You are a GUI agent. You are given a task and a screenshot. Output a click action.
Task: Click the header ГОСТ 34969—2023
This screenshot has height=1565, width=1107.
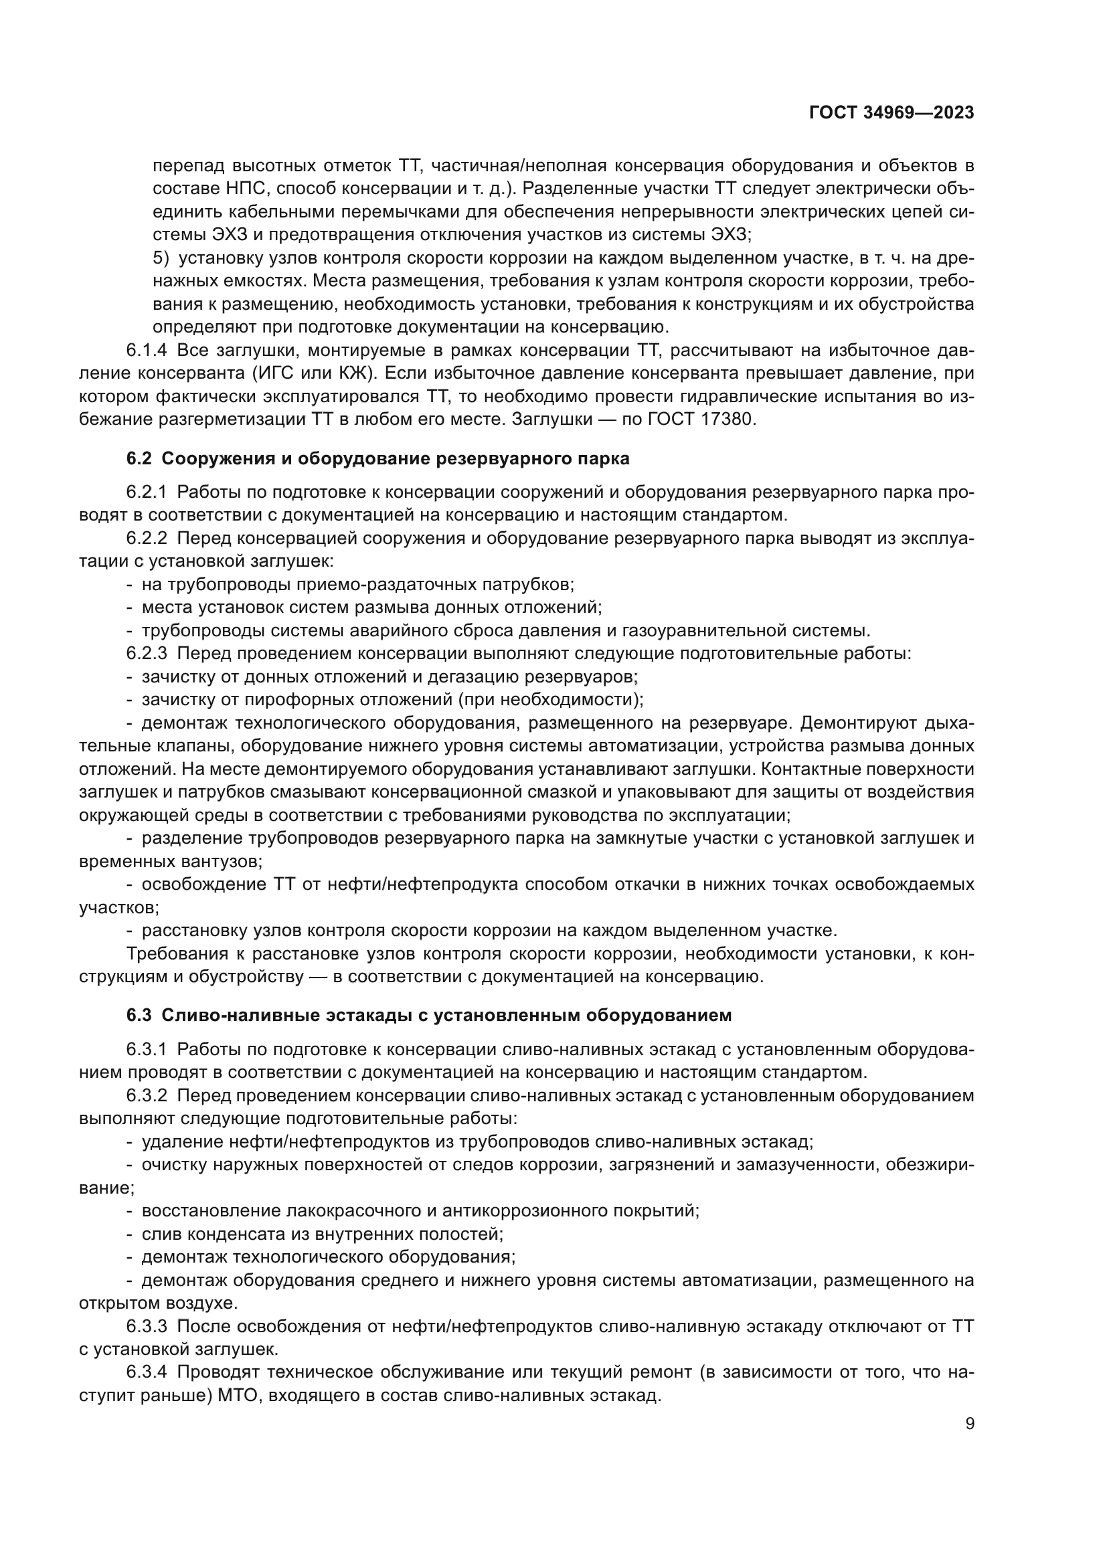click(891, 113)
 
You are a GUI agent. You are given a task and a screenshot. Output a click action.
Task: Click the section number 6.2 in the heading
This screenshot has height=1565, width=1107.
click(139, 459)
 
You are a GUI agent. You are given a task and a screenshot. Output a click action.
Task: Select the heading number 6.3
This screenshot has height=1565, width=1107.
click(139, 1015)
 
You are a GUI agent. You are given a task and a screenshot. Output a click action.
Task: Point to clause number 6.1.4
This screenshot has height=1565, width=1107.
click(146, 351)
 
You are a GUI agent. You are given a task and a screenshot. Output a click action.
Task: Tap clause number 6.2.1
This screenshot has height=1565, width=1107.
click(146, 492)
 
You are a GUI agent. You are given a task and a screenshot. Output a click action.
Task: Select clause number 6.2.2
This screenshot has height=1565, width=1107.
click(146, 539)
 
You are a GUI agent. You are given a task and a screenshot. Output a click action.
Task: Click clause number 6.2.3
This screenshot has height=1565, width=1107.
click(146, 653)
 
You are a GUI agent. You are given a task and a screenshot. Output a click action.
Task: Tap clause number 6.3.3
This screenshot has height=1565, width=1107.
click(146, 1326)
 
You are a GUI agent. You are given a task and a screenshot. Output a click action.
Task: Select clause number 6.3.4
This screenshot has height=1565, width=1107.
click(146, 1372)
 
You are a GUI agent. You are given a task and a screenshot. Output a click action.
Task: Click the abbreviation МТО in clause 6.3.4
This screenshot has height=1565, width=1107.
click(240, 1395)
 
